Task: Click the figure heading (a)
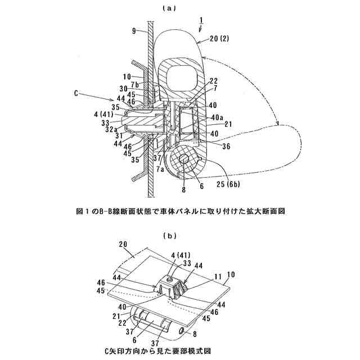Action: coord(169,8)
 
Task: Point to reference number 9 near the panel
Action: coord(134,32)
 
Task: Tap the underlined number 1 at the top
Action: coord(199,20)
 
